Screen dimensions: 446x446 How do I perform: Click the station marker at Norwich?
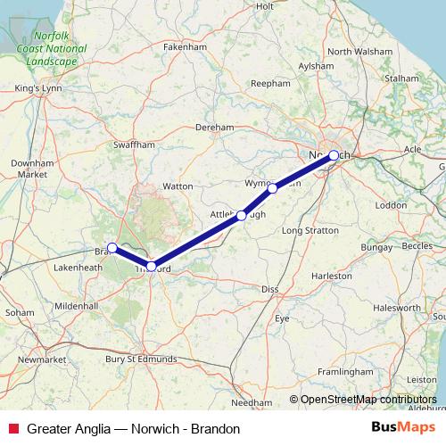click(x=334, y=155)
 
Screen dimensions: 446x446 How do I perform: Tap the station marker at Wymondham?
click(x=273, y=188)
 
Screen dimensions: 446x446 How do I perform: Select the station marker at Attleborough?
click(x=242, y=215)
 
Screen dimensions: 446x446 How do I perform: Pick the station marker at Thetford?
click(x=152, y=266)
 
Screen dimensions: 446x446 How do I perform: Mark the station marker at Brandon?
click(x=111, y=247)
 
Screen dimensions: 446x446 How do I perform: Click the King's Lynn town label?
click(x=37, y=88)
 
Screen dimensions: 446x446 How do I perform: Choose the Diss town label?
click(x=270, y=289)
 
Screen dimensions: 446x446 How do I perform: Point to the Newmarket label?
click(x=42, y=359)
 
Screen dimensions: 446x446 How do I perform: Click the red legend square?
click(x=12, y=428)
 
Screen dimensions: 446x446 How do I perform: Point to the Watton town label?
click(x=178, y=186)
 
